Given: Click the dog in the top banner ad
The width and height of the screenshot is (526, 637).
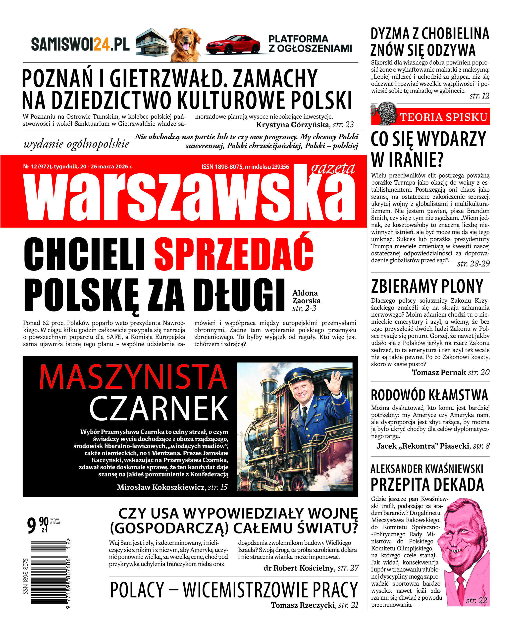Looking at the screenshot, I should pos(185,44).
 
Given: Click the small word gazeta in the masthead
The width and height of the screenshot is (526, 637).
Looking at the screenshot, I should pos(333,168).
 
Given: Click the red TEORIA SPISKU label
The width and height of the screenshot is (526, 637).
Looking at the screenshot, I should pos(443,117).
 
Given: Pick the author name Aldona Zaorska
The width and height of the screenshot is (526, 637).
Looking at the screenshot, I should pos(306,297).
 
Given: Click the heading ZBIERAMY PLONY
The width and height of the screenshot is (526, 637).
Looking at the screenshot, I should pos(427,286).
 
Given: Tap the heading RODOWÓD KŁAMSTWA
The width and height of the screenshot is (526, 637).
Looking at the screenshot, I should pos(429,395).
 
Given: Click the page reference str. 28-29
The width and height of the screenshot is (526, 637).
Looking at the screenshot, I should pos(473,264).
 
